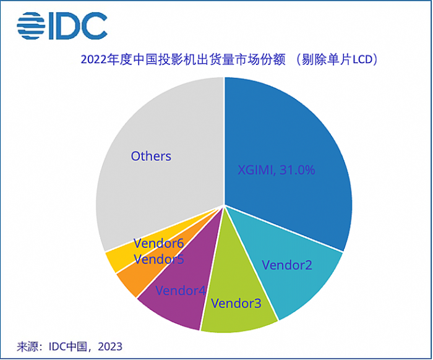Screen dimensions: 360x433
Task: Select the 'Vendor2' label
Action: [287, 265]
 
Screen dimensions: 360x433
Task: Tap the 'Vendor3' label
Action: [236, 303]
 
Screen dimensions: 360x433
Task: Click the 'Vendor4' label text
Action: [180, 289]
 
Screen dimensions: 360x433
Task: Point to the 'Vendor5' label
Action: [158, 259]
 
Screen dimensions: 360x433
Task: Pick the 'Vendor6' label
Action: [158, 244]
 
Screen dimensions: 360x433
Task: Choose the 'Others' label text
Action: [151, 156]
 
